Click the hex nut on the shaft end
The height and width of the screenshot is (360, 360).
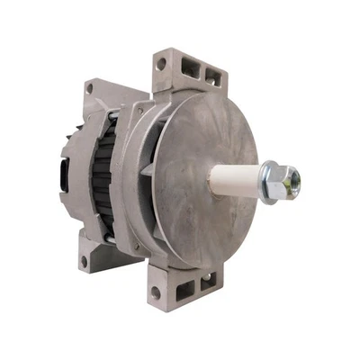(286, 180)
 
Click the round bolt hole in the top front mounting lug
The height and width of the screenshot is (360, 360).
(161, 65)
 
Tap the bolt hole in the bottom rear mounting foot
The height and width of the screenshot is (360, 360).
(84, 262)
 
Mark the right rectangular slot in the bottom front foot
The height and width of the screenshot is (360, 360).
(206, 281)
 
